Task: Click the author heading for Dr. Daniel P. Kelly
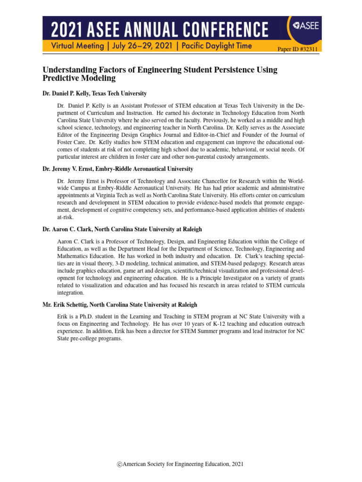(x=94, y=94)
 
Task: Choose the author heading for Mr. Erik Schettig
(x=120, y=305)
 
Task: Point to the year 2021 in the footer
(x=238, y=465)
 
